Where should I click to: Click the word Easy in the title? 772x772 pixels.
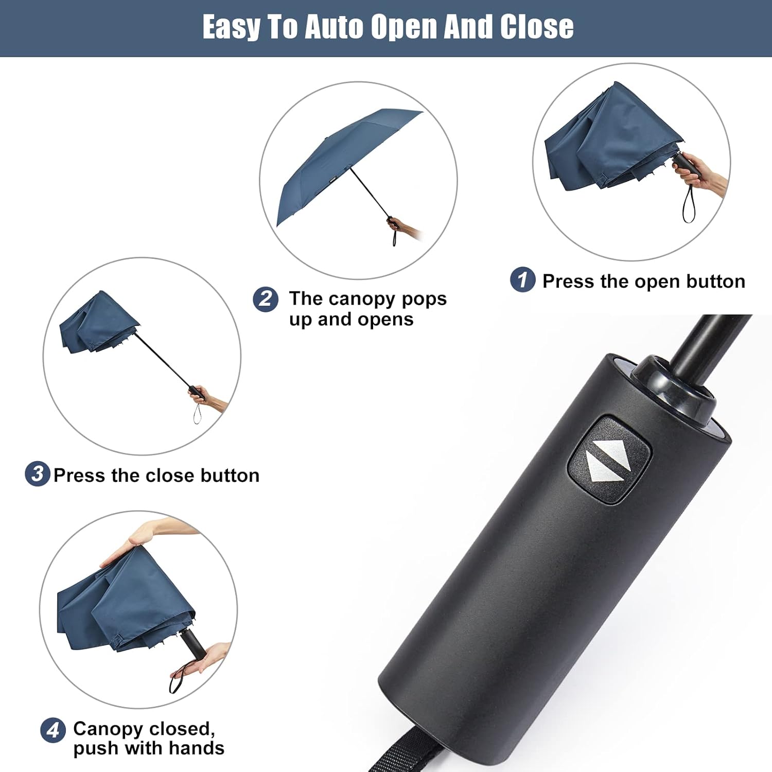click(230, 27)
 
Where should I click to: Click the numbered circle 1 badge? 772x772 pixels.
click(522, 279)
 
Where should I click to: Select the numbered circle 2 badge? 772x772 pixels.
click(266, 299)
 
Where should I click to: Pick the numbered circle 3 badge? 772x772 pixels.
click(37, 473)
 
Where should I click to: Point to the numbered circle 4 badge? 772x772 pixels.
click(52, 730)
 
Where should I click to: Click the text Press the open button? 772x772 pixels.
click(643, 282)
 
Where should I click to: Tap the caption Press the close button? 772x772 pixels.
click(156, 476)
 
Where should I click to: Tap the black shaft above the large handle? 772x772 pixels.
click(710, 340)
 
